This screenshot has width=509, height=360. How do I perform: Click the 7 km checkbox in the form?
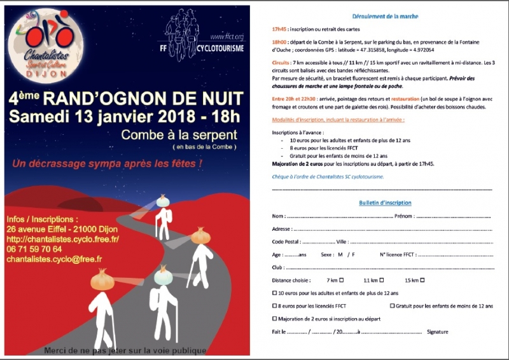(342, 280)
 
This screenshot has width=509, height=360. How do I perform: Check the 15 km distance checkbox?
(422, 280)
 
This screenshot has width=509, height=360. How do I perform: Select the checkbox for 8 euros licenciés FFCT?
(274, 306)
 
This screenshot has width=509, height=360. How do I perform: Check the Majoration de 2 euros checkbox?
(274, 319)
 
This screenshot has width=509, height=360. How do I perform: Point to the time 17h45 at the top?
(279, 30)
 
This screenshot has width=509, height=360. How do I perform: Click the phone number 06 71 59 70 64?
(34, 249)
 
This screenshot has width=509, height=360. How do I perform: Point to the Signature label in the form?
(438, 331)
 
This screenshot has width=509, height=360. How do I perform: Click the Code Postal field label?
(286, 242)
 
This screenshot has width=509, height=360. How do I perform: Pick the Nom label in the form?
(278, 216)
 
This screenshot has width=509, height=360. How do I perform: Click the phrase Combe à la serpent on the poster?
(179, 135)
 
